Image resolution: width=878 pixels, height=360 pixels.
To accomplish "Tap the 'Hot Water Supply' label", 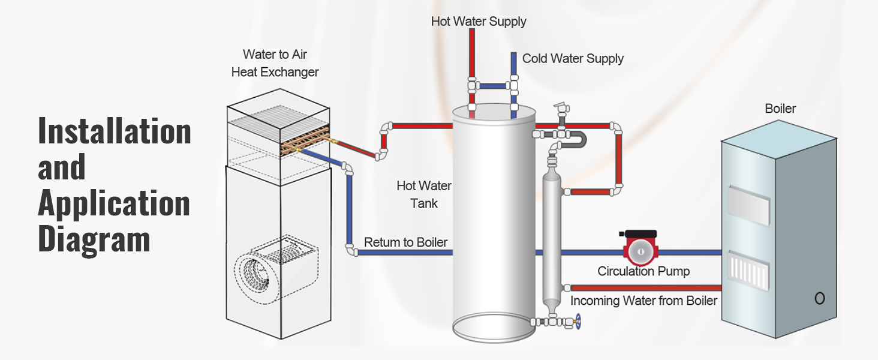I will coord(479,22).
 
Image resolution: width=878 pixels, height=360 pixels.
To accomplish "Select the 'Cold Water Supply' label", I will coord(573,59).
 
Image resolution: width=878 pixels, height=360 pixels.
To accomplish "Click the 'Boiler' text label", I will coord(780,109).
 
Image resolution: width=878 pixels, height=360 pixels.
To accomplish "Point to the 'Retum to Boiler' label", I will coord(406,242).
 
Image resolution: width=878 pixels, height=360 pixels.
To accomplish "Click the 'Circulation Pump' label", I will coord(644,271).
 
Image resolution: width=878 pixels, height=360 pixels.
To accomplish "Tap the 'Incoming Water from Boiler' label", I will coord(644,301).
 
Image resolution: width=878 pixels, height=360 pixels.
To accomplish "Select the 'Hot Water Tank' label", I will coord(424,194).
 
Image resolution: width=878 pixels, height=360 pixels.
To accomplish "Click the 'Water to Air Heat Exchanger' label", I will coord(275,63).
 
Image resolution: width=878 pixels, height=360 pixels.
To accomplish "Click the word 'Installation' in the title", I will coord(115,131).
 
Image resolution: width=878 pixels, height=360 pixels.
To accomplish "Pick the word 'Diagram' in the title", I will coord(94,238).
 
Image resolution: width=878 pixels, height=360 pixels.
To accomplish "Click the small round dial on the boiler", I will coord(819,298).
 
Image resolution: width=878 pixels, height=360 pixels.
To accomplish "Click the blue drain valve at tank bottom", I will coord(579,322).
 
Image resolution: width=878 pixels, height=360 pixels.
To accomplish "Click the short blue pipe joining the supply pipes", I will coord(493,86).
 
